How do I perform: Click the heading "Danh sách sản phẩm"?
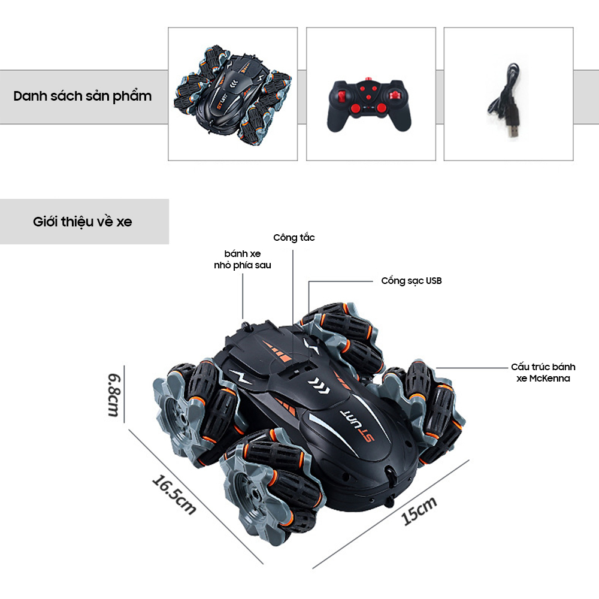(83, 96)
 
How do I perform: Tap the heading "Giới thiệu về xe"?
(83, 222)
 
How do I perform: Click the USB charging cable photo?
(504, 101)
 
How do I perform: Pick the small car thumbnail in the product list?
(232, 95)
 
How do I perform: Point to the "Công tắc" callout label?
(294, 238)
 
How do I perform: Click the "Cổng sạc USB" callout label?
(412, 281)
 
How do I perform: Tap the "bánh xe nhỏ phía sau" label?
(243, 259)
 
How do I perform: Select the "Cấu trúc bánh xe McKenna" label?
(543, 373)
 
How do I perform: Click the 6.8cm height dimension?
(114, 395)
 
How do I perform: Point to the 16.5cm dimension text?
(174, 495)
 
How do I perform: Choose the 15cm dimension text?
(419, 511)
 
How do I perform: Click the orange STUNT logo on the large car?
(357, 425)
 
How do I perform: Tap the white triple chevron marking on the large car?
(319, 385)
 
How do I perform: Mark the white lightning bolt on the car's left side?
(240, 377)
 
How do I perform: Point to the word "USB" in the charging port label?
(434, 281)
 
